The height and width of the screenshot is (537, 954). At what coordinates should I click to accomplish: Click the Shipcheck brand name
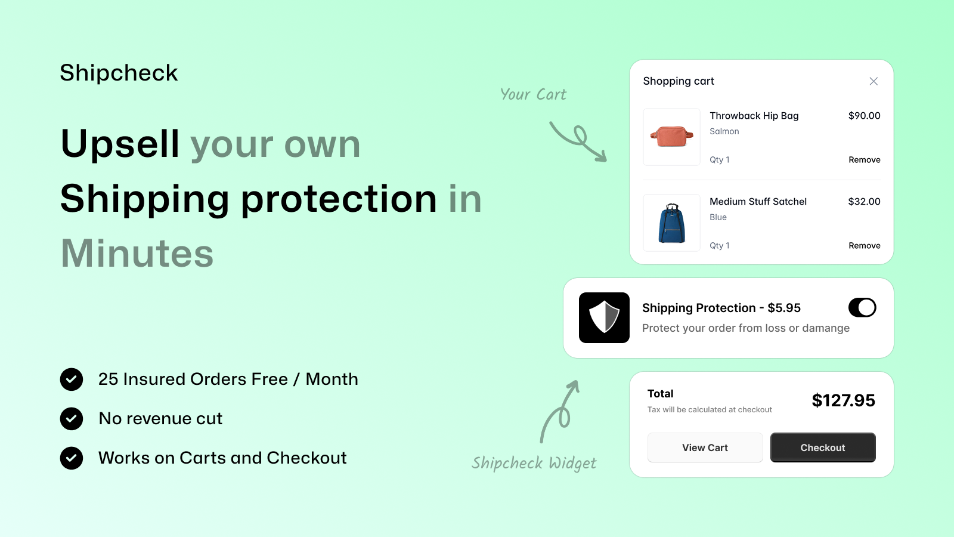119,72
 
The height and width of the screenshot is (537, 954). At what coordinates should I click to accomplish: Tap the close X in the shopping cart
874,81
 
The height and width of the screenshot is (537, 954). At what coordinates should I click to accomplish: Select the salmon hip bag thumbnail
671,137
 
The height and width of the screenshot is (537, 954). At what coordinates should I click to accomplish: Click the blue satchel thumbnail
671,223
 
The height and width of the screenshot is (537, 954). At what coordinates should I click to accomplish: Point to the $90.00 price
864,116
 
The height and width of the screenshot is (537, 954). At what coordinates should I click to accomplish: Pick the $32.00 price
864,201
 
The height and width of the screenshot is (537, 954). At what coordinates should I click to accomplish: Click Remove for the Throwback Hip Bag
864,160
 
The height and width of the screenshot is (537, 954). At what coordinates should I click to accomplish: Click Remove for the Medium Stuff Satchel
864,245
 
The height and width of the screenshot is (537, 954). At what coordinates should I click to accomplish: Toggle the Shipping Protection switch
862,307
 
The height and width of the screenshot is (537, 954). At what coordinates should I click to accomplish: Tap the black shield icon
604,317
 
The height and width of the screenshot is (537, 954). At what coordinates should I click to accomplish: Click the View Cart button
705,447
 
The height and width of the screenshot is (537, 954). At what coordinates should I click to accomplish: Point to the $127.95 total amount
843,400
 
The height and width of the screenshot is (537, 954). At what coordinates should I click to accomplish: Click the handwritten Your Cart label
533,94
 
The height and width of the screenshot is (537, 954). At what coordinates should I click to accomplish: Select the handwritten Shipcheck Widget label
534,463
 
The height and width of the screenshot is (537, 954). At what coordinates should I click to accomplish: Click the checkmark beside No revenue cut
72,418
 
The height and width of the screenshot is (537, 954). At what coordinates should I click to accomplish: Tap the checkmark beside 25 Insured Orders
72,379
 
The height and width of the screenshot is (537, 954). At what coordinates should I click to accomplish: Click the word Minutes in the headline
137,253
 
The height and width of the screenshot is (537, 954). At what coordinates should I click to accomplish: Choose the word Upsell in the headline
120,144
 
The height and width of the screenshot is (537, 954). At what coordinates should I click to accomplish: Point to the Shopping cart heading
679,81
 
